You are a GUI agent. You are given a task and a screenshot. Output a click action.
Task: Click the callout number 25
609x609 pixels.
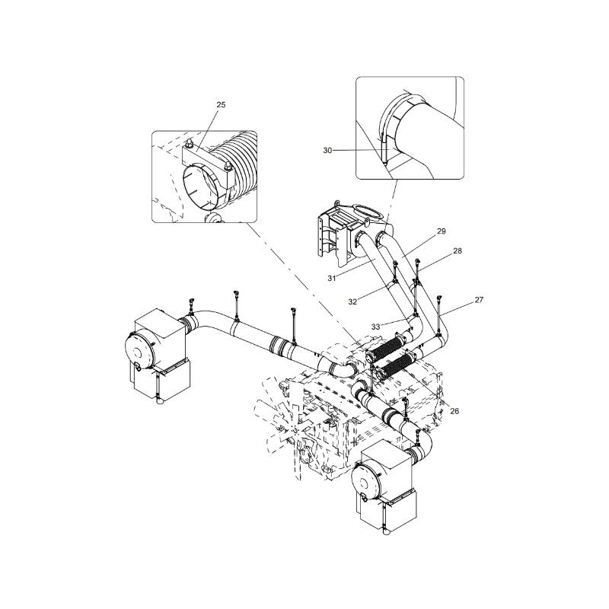click(x=221, y=104)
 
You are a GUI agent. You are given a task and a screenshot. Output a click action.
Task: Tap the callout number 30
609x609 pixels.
click(x=327, y=150)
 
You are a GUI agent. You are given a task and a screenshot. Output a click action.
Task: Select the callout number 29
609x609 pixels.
click(x=442, y=231)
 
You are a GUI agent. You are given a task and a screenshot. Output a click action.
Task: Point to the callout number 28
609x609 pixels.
click(x=458, y=250)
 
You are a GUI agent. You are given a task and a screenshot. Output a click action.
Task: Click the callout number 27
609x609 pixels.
click(x=479, y=300)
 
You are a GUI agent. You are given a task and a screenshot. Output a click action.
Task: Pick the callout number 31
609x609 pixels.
click(x=331, y=278)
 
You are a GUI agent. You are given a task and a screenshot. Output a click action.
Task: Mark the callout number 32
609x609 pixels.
click(x=352, y=301)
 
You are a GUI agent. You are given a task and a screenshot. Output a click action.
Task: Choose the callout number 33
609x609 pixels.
click(x=375, y=327)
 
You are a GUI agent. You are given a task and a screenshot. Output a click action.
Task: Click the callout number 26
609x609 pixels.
click(x=454, y=411)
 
